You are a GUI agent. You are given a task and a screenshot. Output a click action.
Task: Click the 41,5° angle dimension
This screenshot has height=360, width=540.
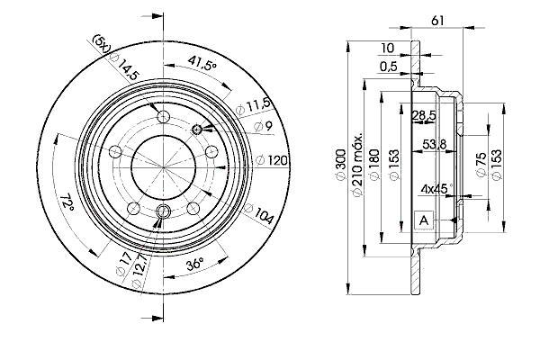point(202,63)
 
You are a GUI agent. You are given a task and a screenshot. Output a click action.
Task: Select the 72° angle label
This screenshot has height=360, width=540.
point(67,203)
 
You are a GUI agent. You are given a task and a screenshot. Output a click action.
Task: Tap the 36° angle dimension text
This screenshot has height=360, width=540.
point(194,265)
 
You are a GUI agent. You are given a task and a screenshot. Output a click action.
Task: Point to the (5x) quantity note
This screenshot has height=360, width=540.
point(102,43)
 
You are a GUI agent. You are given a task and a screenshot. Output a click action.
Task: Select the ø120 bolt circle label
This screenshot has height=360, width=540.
point(272,160)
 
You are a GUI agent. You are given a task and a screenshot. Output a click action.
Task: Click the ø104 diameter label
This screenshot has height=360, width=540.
point(259,213)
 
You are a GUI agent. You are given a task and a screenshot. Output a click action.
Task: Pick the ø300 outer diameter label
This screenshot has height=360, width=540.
point(340,164)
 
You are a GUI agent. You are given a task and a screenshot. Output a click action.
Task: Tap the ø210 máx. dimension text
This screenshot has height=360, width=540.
point(356,164)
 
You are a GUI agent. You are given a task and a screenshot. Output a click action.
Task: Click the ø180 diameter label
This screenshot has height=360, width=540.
point(374,164)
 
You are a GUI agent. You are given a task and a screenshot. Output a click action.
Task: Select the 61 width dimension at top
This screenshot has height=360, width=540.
point(437,21)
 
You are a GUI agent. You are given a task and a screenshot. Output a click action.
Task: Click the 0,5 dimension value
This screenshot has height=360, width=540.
point(389,66)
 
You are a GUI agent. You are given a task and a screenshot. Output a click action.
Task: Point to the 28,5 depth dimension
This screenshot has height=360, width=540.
point(424,115)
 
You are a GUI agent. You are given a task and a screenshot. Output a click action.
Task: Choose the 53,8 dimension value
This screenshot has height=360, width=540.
point(435,144)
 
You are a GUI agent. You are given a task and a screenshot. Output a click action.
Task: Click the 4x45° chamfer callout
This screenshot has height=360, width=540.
point(436,188)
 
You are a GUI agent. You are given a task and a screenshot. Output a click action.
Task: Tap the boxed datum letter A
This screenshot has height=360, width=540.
point(424,220)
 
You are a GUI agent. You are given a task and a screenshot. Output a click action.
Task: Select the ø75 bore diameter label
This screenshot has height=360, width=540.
point(481,164)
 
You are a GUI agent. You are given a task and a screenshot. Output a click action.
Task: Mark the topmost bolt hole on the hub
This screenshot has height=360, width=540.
point(163,117)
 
